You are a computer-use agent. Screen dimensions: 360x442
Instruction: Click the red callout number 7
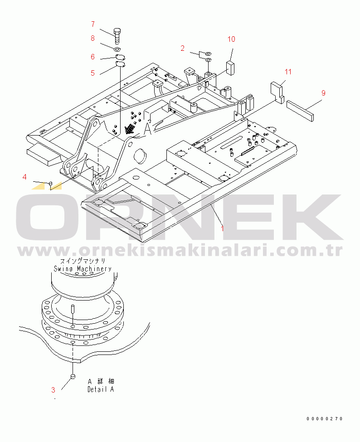(x=93, y=24)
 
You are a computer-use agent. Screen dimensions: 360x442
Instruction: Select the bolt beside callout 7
(x=117, y=36)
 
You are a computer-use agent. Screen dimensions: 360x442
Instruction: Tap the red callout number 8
(x=93, y=39)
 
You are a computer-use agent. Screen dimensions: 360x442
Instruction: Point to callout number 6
(x=93, y=57)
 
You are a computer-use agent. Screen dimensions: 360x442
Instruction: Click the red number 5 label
(x=93, y=73)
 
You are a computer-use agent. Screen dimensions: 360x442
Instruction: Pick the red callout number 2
(x=183, y=48)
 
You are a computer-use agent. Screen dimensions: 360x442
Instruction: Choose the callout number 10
(x=231, y=39)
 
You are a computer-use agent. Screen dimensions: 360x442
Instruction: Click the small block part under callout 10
(x=230, y=68)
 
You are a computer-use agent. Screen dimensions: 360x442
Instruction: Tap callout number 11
(x=288, y=72)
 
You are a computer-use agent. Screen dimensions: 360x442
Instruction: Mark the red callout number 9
(x=323, y=93)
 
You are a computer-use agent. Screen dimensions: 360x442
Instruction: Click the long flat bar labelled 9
(x=300, y=111)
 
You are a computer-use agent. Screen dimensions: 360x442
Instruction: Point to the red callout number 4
(x=24, y=177)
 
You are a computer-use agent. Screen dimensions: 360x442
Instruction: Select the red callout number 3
(x=54, y=390)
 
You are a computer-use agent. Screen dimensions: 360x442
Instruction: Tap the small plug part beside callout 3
(x=73, y=376)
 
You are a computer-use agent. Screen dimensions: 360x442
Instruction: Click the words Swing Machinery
(x=83, y=269)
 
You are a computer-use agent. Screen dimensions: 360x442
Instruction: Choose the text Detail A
(x=101, y=389)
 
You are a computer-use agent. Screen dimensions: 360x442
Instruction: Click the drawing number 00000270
(x=325, y=418)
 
